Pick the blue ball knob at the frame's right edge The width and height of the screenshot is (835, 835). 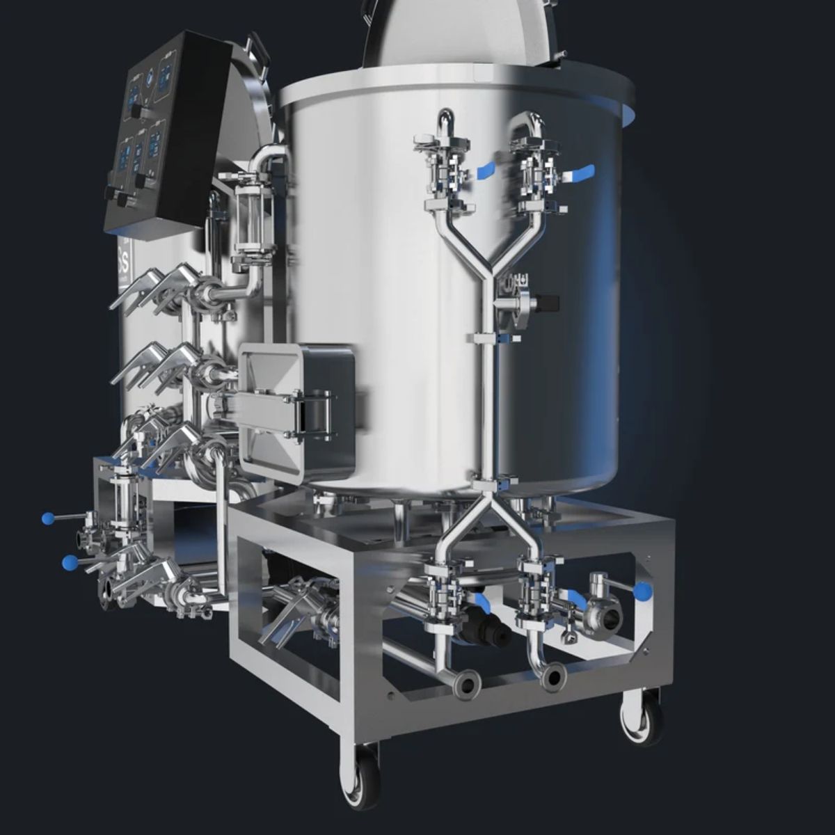[642, 592]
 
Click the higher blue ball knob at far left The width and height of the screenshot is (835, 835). [48, 518]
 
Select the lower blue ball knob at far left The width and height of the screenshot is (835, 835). [69, 562]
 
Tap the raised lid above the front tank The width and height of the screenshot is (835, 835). [459, 35]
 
